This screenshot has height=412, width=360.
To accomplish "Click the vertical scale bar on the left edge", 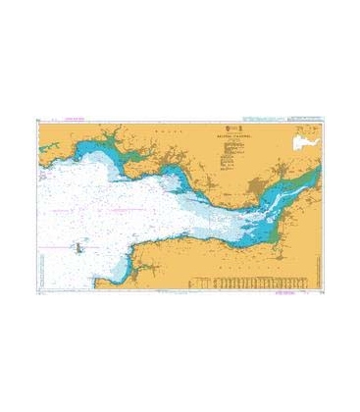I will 36,206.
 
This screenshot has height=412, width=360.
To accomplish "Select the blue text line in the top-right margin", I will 294,119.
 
